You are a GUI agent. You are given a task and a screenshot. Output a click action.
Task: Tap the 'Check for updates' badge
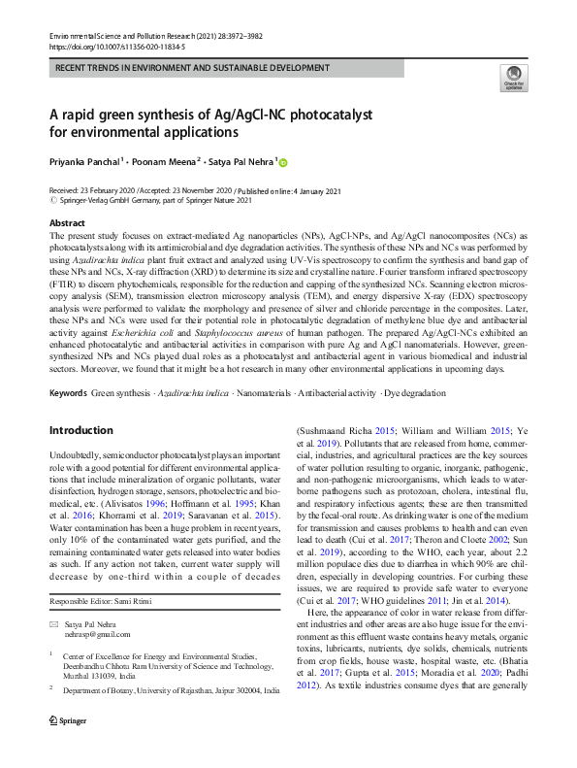click(514, 79)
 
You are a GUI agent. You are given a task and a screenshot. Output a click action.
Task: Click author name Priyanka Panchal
click(84, 161)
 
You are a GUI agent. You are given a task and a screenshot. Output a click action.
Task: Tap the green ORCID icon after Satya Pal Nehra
click(284, 161)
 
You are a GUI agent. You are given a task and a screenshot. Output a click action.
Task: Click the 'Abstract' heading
click(67, 223)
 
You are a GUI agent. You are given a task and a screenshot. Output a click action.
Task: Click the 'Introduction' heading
click(80, 429)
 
